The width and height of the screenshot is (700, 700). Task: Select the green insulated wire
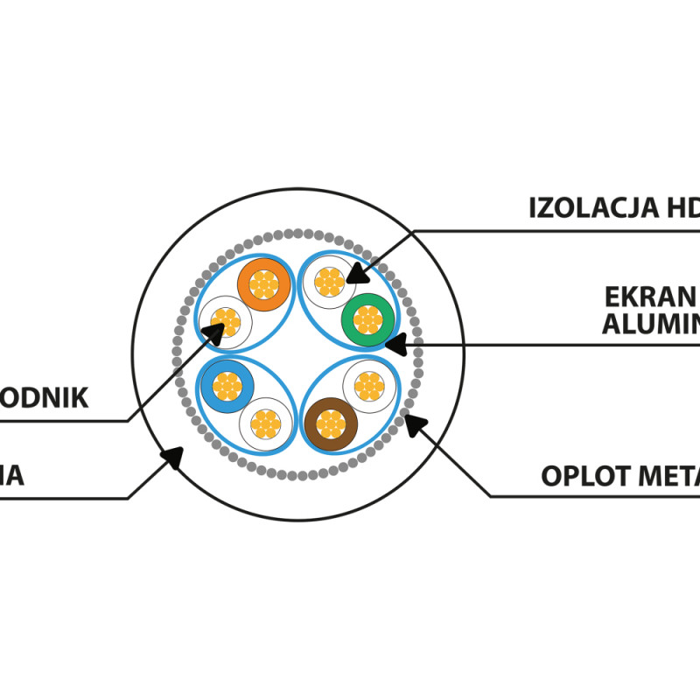367,320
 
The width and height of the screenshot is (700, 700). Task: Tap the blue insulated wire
227,385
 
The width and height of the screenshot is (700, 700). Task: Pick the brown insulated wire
331,424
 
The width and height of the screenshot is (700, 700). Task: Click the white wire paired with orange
226,320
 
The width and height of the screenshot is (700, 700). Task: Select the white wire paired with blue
264,423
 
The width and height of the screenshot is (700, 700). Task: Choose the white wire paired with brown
369,385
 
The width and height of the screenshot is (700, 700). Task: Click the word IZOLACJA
595,208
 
